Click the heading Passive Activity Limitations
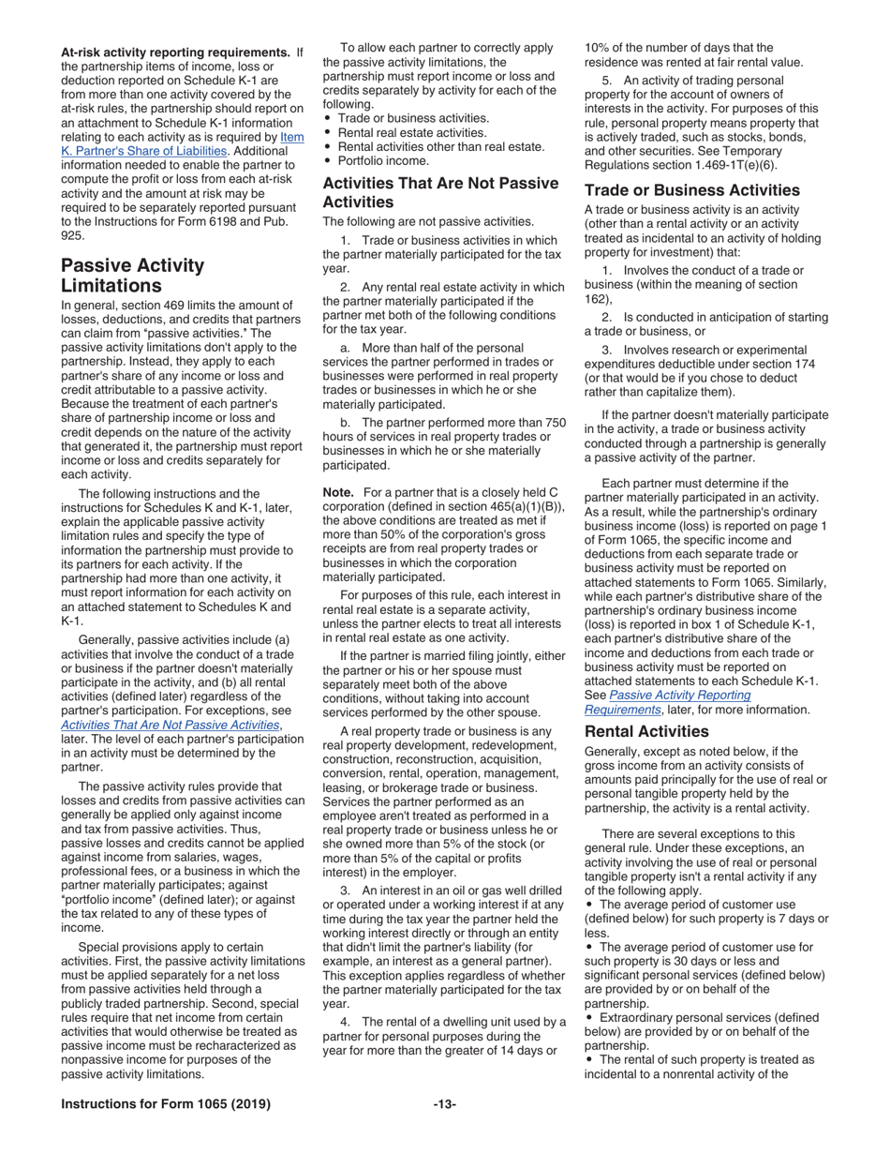[132, 275]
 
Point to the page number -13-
[444, 1104]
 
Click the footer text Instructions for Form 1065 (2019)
[166, 1104]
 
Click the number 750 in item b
[554, 423]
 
